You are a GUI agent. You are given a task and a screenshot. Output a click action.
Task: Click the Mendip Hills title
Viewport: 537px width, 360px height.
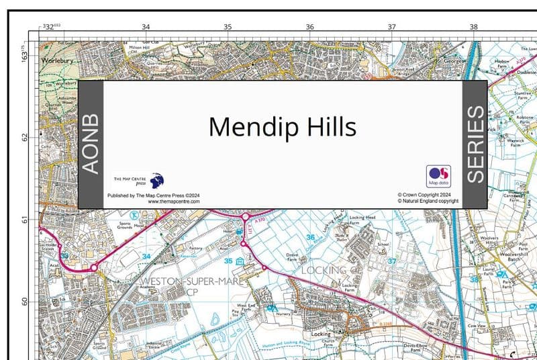point(282,126)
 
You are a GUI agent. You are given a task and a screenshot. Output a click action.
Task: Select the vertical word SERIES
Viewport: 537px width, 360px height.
point(475,144)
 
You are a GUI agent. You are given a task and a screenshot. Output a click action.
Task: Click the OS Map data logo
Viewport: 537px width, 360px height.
point(438,176)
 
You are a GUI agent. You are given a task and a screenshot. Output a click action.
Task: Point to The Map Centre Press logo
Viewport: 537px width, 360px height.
point(138,181)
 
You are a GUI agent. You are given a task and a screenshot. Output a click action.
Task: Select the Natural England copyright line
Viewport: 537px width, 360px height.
point(428,200)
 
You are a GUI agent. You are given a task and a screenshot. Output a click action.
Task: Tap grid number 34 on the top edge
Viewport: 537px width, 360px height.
point(146,27)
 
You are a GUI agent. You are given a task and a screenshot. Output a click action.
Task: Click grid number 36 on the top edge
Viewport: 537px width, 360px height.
point(309,27)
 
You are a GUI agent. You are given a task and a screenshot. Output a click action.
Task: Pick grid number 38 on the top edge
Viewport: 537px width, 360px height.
point(473,27)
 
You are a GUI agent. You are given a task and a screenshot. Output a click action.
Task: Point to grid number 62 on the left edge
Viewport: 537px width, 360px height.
point(25,137)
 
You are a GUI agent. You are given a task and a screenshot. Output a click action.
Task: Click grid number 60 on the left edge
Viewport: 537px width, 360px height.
point(25,302)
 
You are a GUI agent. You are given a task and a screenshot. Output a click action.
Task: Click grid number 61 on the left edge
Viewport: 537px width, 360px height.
point(25,220)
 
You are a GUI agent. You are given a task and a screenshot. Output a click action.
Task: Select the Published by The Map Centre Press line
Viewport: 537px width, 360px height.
point(154,195)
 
